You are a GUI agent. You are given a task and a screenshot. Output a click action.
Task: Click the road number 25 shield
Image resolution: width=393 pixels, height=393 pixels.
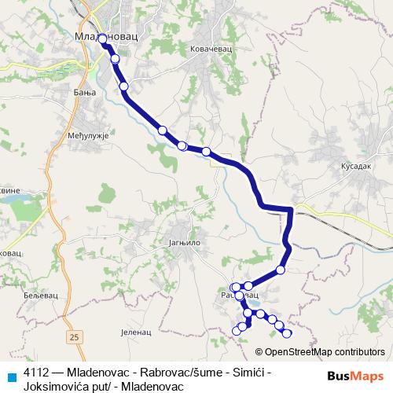point(74,337)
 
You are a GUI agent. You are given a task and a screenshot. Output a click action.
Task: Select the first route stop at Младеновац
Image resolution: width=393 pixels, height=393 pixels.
point(102,38)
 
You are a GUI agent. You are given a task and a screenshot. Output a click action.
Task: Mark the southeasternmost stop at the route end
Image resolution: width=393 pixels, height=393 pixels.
point(287,333)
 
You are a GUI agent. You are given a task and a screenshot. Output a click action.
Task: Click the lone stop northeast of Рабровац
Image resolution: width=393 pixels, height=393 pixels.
point(281,270)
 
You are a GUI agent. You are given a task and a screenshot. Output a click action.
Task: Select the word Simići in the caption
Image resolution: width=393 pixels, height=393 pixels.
point(252,372)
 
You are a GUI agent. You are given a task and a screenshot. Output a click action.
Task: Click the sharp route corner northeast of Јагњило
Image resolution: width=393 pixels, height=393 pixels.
point(291,209)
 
